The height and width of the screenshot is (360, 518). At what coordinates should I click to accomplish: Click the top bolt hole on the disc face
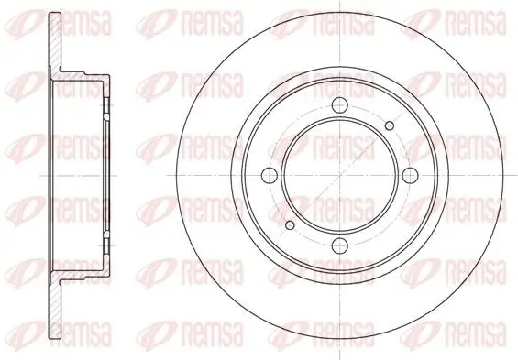tap(340, 105)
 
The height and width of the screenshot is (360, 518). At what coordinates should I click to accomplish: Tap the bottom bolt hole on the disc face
tap(340, 245)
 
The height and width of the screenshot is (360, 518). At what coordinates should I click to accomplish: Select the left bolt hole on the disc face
tap(270, 176)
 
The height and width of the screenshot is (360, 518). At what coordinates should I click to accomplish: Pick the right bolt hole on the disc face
tap(410, 176)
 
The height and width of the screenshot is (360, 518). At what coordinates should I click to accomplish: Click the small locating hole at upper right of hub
tap(390, 125)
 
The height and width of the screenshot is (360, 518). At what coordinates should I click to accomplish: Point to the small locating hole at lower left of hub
tap(290, 225)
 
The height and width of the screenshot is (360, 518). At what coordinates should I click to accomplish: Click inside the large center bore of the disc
tap(340, 176)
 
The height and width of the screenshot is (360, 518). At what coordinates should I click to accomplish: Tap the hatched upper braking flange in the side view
tap(55, 43)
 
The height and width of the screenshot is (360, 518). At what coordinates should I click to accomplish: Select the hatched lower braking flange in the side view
tap(55, 308)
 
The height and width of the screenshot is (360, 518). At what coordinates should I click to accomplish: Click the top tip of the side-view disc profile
tap(55, 13)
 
